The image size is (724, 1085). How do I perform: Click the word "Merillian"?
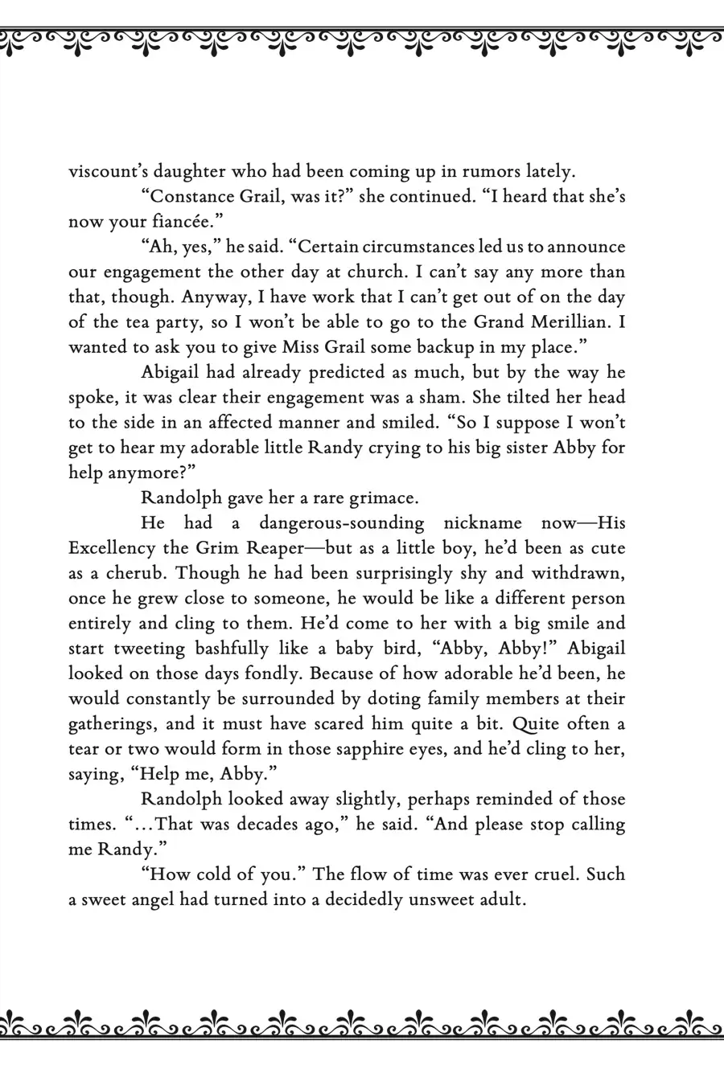point(575,322)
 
